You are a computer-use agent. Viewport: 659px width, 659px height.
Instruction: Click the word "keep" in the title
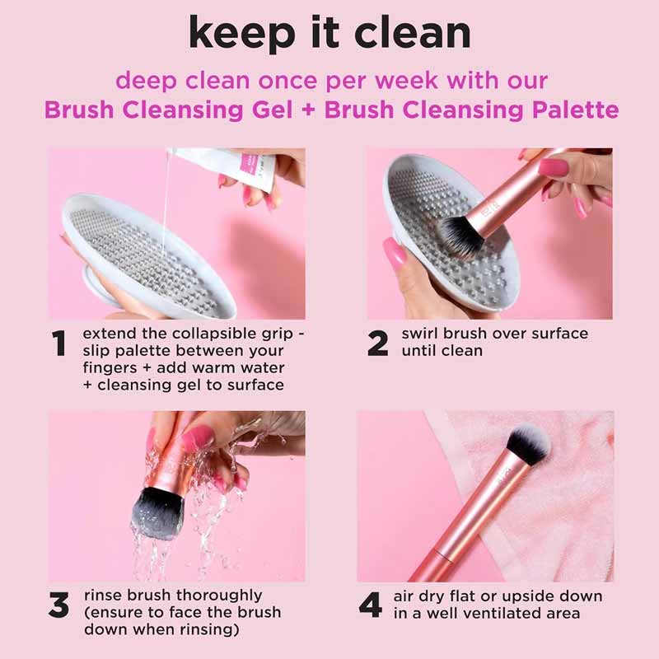coord(241,34)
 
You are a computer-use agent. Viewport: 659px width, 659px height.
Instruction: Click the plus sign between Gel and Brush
coord(308,110)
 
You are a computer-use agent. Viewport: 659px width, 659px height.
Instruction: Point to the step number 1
coord(58,344)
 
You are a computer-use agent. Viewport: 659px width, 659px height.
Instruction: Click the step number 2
coord(377,344)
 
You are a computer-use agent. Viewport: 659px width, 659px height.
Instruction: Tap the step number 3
coord(58,605)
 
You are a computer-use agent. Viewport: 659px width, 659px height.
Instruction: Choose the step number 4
coord(370,605)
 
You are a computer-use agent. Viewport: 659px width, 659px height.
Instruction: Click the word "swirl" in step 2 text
coord(419,334)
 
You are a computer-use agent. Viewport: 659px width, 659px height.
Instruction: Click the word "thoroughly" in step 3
coord(219,596)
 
